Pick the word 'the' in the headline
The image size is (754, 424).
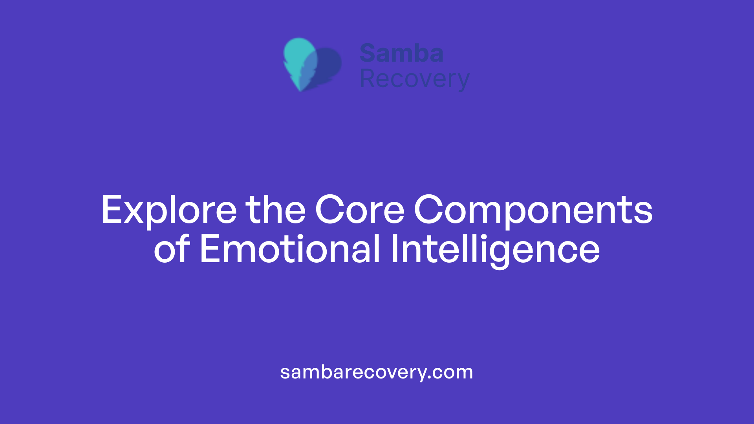(276, 210)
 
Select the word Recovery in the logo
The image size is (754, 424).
(414, 79)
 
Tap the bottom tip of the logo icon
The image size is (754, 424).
(300, 90)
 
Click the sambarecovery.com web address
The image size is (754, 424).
(376, 372)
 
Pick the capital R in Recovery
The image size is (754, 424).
(367, 79)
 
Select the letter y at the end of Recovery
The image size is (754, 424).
(463, 82)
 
